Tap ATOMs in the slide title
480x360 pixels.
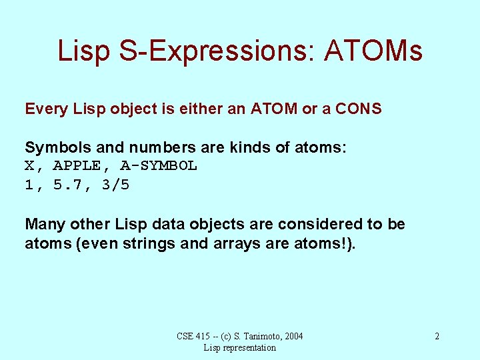373,51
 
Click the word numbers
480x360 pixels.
149,147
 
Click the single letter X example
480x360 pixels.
29,165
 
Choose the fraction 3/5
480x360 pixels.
115,185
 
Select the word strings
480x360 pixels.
147,243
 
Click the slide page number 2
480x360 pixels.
437,336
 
